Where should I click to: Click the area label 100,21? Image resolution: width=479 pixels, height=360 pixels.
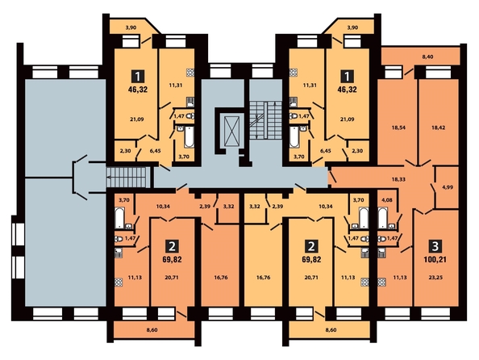coord(435,260)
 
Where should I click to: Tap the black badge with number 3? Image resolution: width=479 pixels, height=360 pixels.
coord(435,245)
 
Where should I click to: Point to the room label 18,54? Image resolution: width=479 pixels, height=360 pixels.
coord(397,128)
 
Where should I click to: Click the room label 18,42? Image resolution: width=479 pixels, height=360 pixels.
coord(439,128)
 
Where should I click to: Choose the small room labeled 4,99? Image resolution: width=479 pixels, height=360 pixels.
coord(448,187)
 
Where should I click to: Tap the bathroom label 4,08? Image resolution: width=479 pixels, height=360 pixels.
coord(387,201)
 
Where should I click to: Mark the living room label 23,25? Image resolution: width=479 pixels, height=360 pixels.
coord(435,278)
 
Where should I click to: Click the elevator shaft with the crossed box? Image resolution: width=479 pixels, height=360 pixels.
coord(232,131)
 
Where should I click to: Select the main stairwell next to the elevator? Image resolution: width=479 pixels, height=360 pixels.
coord(265,120)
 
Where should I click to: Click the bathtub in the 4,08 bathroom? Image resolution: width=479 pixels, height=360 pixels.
coord(382,218)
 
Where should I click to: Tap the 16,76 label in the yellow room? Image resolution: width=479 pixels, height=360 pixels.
coord(263,278)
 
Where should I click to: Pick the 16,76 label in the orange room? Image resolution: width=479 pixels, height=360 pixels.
coord(221,278)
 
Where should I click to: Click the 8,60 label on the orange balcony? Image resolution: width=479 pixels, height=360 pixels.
coord(152,330)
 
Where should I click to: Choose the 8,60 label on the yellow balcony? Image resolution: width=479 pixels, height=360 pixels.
coord(331,330)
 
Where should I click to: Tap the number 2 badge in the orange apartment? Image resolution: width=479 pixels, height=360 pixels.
coord(172,245)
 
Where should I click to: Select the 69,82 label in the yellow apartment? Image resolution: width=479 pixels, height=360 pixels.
coord(311,260)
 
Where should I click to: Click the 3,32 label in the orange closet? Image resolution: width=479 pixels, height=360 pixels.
coord(228,207)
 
